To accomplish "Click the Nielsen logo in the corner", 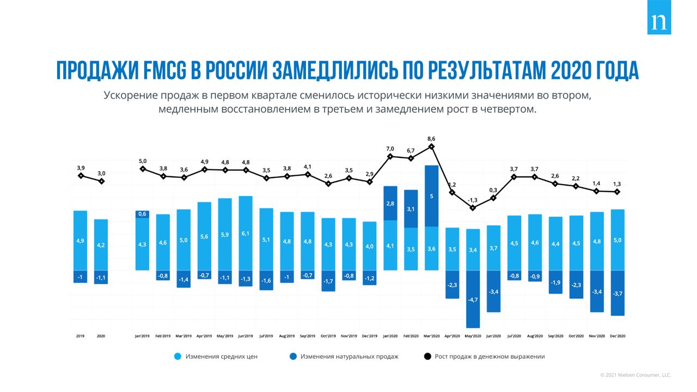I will pos(659,22).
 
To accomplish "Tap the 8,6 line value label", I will pos(431,139).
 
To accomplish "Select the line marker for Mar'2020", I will pos(431,146).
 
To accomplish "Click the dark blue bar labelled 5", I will pos(431,195).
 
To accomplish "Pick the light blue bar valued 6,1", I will pos(246,233).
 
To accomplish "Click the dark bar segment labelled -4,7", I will pos(473,299).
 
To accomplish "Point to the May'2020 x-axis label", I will pos(473,336).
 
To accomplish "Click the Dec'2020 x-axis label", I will pos(617,336).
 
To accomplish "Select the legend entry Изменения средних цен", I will pos(221,357).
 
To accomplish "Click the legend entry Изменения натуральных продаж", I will pos(349,357).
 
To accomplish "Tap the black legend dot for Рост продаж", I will pos(427,357).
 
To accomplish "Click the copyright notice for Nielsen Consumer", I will pos(635,375).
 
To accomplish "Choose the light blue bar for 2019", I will pos(80,240).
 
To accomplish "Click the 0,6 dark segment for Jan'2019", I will pos(142,214).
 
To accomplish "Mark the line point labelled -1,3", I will pos(473,207).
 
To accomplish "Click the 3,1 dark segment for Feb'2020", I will pos(411,209).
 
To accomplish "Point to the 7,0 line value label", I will pos(390,149).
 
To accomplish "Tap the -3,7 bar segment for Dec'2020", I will pos(617,293).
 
